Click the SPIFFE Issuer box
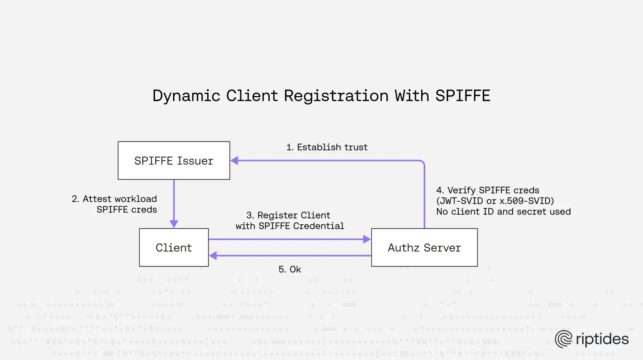[174, 161]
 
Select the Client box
[174, 248]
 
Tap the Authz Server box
[424, 248]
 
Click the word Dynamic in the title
[186, 96]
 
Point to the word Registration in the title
[336, 96]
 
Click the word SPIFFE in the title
[463, 96]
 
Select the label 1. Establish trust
[327, 147]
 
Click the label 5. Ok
[290, 269]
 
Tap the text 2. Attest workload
[114, 199]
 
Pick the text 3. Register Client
[288, 215]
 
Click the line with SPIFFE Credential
[290, 226]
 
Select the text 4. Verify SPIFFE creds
[488, 190]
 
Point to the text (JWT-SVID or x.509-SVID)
[495, 201]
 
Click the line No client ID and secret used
[503, 212]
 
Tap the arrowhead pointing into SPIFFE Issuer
[235, 161]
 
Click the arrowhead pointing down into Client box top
[174, 224]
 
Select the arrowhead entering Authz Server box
[367, 239]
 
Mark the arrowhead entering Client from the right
[213, 256]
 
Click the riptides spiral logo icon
[563, 339]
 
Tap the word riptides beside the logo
[602, 339]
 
